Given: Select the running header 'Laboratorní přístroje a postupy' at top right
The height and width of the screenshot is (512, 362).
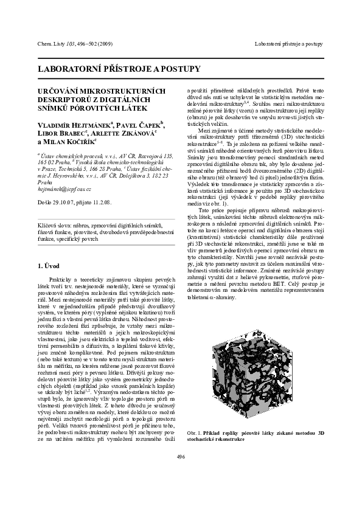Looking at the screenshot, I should (288, 44).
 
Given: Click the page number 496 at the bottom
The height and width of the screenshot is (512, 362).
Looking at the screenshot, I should (181, 473).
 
